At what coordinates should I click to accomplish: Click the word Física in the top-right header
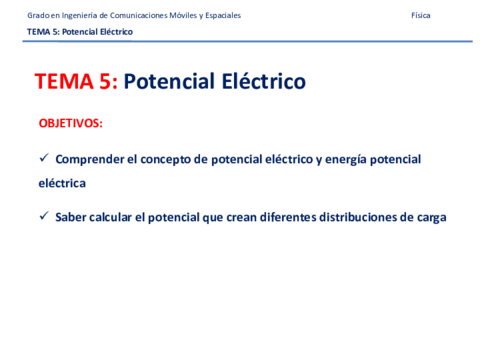[421, 16]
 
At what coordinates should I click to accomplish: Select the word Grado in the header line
[37, 16]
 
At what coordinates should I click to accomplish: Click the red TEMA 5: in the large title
[75, 82]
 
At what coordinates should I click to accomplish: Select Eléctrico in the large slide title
[259, 82]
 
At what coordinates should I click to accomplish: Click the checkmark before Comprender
[43, 158]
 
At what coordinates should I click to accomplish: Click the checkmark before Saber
[43, 216]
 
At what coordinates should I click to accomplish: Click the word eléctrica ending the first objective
[62, 184]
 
